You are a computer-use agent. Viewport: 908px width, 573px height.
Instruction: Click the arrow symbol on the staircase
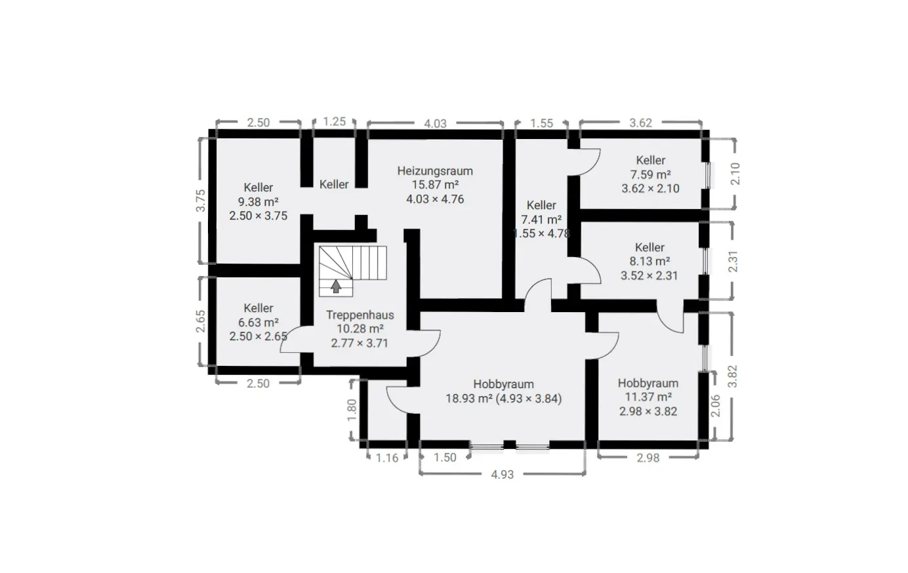pyautogui.click(x=336, y=286)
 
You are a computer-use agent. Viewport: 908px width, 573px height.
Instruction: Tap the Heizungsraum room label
pyautogui.click(x=435, y=171)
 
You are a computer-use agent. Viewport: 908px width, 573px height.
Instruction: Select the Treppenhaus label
pyautogui.click(x=360, y=315)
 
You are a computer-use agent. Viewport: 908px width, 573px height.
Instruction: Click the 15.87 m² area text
pyautogui.click(x=435, y=185)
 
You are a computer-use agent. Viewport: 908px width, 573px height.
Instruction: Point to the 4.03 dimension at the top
pyautogui.click(x=435, y=123)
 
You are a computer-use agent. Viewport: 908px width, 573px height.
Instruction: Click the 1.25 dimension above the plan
pyautogui.click(x=335, y=121)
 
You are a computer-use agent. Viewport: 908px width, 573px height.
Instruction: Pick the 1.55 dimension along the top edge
pyautogui.click(x=541, y=123)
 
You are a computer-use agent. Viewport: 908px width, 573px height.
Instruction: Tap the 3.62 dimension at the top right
pyautogui.click(x=640, y=123)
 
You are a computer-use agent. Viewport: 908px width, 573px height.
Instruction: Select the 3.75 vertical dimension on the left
pyautogui.click(x=201, y=201)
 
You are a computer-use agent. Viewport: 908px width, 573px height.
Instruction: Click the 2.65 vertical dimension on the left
pyautogui.click(x=201, y=321)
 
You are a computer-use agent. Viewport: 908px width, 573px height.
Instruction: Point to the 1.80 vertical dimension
pyautogui.click(x=352, y=410)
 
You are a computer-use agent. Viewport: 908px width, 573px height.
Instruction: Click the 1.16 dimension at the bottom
pyautogui.click(x=387, y=458)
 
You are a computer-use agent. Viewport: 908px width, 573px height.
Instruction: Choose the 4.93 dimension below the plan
pyautogui.click(x=503, y=474)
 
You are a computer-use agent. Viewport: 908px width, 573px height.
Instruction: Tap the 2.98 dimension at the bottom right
pyautogui.click(x=648, y=458)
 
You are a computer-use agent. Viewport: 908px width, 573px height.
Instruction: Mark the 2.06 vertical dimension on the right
pyautogui.click(x=716, y=406)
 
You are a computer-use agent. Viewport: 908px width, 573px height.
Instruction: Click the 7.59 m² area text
pyautogui.click(x=650, y=174)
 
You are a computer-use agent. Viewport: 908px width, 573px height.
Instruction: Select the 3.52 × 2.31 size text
pyautogui.click(x=649, y=276)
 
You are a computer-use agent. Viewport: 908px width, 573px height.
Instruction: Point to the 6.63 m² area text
pyautogui.click(x=258, y=323)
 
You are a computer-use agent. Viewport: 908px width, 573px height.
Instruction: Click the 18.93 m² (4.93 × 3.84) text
pyautogui.click(x=503, y=399)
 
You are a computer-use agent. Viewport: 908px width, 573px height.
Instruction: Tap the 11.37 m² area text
pyautogui.click(x=648, y=397)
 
